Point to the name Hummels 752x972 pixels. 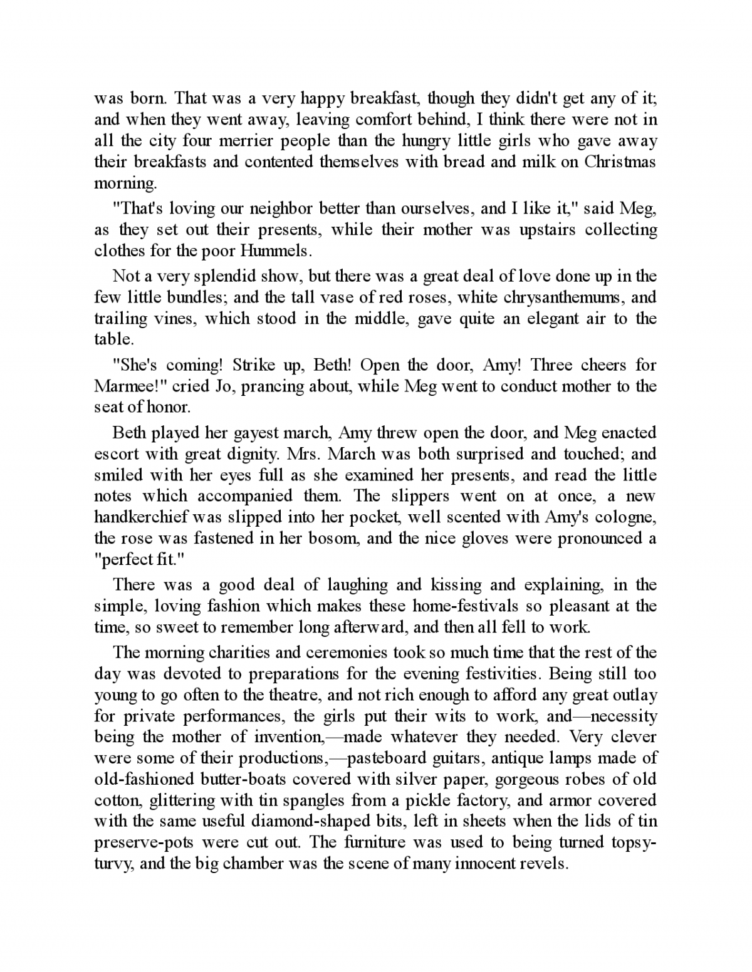[278, 251]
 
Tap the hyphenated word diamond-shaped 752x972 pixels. [283, 822]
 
